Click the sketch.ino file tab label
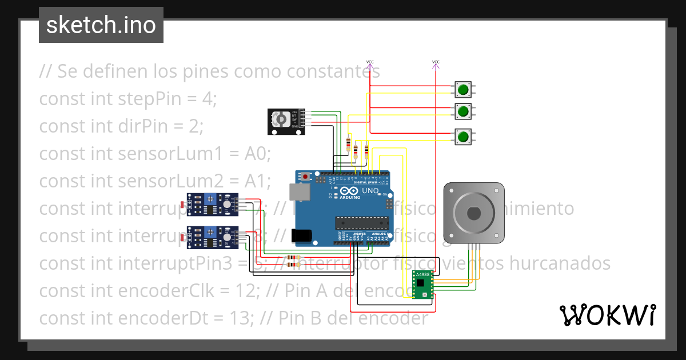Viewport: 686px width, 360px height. click(x=101, y=25)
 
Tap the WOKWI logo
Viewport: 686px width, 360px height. click(x=607, y=315)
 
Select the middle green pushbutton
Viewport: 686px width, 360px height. click(x=462, y=110)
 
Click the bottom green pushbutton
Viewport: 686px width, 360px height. click(x=462, y=137)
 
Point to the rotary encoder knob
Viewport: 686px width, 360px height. click(x=281, y=119)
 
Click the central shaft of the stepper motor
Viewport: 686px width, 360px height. click(x=474, y=213)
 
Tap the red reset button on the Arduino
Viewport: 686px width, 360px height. click(x=306, y=177)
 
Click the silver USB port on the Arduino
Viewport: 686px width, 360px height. click(x=299, y=193)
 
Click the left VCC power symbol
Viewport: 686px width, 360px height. click(x=370, y=62)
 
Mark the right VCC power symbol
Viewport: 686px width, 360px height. click(x=436, y=62)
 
